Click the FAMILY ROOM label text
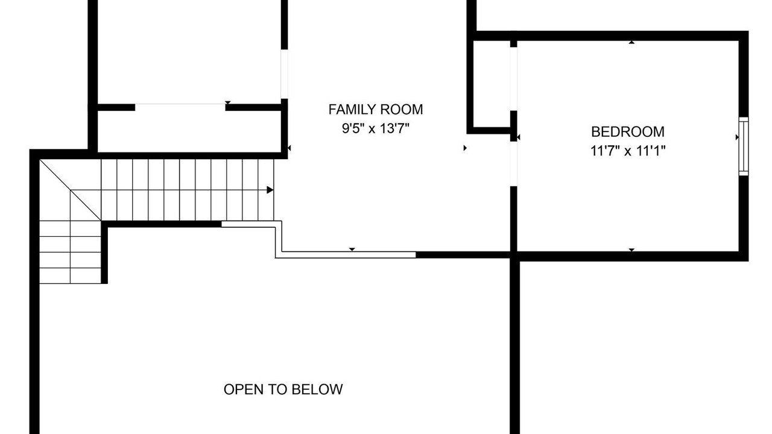point(375,110)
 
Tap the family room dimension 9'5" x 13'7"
point(375,128)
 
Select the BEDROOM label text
point(628,132)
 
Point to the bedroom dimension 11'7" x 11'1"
point(628,151)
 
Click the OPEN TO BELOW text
point(283,389)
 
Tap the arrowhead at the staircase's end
point(270,190)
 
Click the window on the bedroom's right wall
point(744,146)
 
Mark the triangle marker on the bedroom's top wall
point(631,42)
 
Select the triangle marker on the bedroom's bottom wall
point(631,250)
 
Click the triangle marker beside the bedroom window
point(737,137)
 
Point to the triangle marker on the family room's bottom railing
point(352,249)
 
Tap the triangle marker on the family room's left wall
point(289,148)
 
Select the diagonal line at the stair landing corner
point(71,190)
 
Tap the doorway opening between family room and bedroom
point(513,164)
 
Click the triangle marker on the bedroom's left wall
point(518,137)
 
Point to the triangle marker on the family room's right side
point(465,148)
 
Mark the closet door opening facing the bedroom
point(513,79)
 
